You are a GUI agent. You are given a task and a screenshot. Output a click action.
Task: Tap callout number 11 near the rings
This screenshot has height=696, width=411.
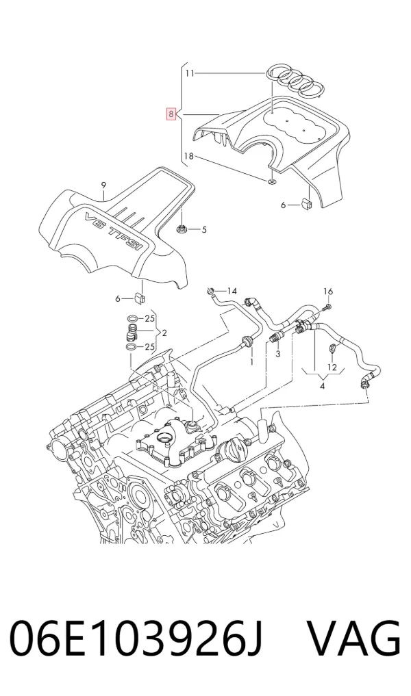190,73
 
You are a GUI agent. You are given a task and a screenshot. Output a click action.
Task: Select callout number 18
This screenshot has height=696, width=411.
189,156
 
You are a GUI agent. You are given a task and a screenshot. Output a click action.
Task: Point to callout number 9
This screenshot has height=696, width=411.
103,185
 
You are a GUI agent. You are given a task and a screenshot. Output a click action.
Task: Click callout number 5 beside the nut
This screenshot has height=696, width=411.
204,229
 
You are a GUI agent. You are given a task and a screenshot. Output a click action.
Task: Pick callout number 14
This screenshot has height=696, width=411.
232,291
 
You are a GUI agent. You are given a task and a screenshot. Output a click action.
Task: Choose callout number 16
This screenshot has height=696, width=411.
328,291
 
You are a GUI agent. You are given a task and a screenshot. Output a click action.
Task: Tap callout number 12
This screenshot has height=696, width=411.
332,367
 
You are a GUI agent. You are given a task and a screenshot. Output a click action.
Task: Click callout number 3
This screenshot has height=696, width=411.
278,354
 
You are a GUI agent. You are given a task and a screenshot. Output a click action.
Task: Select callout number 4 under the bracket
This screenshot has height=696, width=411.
322,386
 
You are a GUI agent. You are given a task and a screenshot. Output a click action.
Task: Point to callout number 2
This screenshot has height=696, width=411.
164,333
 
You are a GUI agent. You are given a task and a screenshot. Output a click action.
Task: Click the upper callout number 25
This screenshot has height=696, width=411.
150,318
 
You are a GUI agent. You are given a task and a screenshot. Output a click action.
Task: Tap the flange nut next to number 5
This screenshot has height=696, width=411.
182,229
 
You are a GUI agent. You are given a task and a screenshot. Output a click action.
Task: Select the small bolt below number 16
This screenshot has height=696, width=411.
327,307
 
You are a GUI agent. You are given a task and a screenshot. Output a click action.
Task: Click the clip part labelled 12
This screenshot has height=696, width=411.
332,348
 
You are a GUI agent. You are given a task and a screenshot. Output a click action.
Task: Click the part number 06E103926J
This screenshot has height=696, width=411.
136,639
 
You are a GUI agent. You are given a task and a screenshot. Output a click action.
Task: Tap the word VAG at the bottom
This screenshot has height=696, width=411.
354,639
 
